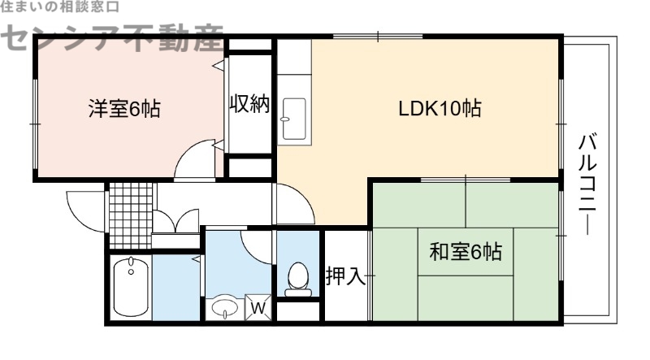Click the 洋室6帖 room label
(x=123, y=109)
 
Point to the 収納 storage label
(x=248, y=106)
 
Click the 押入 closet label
(x=345, y=276)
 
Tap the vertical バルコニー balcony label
(x=587, y=185)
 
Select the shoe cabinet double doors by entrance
(x=175, y=222)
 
